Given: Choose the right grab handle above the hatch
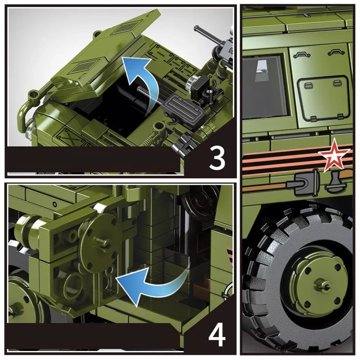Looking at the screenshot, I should click(336, 54).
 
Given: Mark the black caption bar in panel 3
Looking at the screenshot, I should click(94, 159).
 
